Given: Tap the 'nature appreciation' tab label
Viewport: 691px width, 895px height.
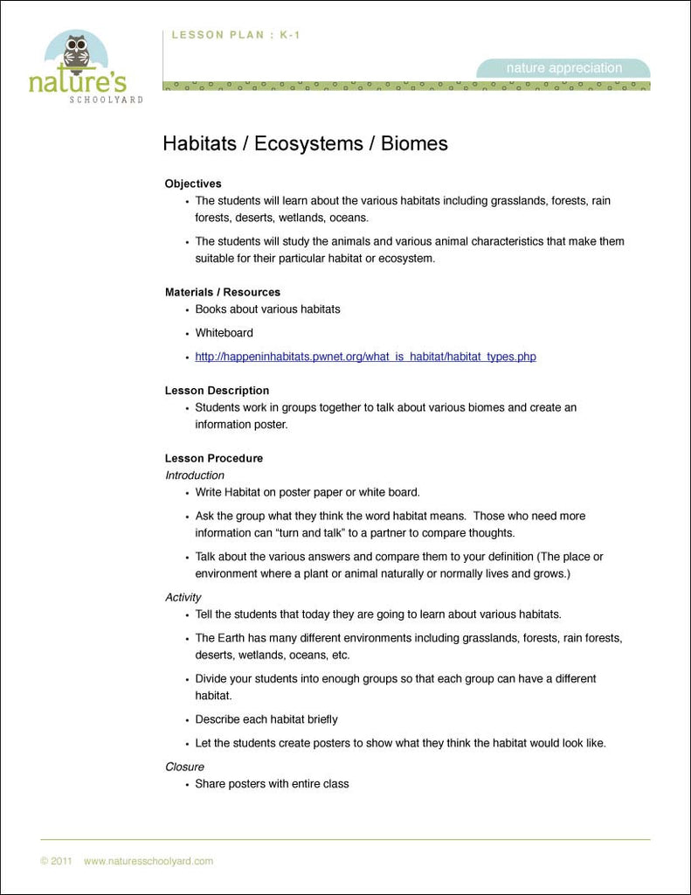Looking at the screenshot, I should tap(564, 68).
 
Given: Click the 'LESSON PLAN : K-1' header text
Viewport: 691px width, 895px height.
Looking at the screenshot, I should tap(236, 35).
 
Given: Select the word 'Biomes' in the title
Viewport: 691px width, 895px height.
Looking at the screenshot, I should tap(414, 143).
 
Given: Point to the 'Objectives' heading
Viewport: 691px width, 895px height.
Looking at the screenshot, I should tap(193, 184).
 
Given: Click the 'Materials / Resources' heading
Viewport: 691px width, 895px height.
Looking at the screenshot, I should tap(223, 292).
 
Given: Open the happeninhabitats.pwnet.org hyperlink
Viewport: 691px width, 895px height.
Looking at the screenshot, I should tap(365, 357).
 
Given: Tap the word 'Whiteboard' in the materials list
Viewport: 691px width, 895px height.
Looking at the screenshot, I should tap(224, 333).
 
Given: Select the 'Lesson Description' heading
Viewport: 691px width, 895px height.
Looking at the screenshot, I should tap(217, 391).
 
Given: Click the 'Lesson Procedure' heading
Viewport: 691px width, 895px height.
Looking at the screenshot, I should tap(214, 458).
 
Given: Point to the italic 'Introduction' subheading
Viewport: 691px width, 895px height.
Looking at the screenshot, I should tap(195, 475).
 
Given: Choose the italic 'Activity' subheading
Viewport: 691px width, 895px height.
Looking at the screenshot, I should tap(183, 597).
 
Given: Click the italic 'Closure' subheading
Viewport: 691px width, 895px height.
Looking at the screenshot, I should tap(184, 767).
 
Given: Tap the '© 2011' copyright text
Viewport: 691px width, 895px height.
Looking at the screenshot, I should tap(56, 861).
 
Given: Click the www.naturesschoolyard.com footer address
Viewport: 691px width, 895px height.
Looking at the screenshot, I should tap(149, 861).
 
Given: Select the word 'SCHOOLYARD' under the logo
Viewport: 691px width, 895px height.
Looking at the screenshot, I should tap(106, 100).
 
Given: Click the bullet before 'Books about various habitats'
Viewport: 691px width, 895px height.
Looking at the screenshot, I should tap(187, 310).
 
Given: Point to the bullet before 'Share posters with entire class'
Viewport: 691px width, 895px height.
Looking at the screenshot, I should tap(187, 785).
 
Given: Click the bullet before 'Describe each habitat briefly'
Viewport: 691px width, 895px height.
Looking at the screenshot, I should tap(187, 720).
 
